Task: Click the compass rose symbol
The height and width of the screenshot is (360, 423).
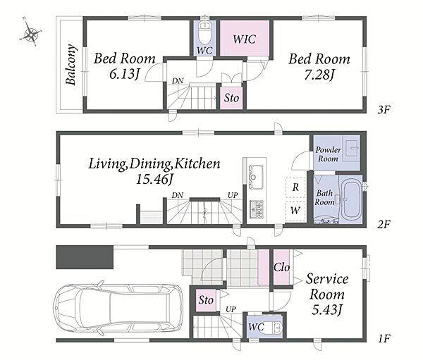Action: (31, 32)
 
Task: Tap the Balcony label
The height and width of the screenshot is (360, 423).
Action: (71, 65)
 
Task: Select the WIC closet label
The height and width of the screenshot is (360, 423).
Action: (244, 39)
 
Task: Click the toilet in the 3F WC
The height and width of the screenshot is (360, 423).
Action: (204, 32)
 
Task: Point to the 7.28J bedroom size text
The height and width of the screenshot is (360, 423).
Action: (319, 75)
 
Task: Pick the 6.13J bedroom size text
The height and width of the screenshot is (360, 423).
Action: (124, 74)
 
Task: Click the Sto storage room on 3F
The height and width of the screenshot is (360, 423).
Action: (231, 98)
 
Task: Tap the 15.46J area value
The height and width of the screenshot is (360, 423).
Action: (154, 179)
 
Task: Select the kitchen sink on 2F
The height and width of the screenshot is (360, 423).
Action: (256, 177)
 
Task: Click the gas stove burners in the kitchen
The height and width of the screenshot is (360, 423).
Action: (256, 209)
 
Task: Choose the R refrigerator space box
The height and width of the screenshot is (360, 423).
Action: (295, 187)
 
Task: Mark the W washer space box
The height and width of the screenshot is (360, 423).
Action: (295, 211)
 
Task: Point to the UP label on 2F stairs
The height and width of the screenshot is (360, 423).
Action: (233, 194)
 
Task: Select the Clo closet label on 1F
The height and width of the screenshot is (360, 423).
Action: (281, 267)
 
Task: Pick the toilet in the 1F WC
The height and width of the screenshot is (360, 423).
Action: (276, 327)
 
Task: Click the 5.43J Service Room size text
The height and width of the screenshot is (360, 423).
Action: (327, 311)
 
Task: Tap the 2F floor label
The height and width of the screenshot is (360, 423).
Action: (384, 224)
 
